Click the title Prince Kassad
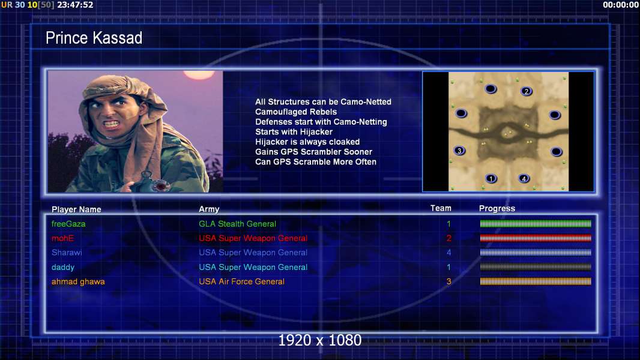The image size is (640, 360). point(94,38)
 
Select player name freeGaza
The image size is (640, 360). point(68,224)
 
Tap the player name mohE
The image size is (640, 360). point(62,238)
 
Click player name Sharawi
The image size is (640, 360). point(67,253)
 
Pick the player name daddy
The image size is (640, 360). point(63,267)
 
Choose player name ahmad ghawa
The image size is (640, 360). point(78,282)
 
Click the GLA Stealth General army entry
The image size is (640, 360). point(238,224)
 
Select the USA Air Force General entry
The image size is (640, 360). point(241,281)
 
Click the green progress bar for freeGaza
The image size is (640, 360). point(536,223)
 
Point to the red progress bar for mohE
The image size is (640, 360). point(536,238)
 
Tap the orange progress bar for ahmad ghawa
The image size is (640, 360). point(536,281)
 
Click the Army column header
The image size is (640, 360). point(209,209)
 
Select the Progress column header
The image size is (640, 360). point(497,208)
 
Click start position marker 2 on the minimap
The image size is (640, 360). point(527,91)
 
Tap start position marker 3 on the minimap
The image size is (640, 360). point(459,151)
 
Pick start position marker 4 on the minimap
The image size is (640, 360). point(524,178)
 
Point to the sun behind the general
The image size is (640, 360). point(199,74)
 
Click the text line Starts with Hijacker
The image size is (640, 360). point(294,131)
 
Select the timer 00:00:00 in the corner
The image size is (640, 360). point(620,5)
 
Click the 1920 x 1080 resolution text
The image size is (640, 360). point(320,340)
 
